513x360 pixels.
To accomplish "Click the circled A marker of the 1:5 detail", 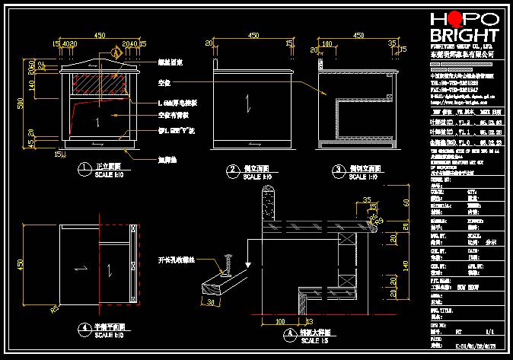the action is click(288, 333).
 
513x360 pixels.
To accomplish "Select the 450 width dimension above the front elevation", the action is click(99, 35).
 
